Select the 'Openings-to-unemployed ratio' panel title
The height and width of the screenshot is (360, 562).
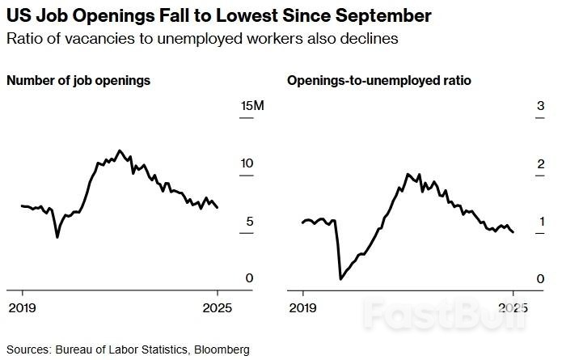379,81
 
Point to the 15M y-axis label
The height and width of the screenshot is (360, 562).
247,106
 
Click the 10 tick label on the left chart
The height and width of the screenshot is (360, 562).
247,163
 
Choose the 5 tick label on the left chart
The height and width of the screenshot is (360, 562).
251,221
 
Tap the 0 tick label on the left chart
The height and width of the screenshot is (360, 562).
251,278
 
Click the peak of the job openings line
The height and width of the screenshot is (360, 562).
120,150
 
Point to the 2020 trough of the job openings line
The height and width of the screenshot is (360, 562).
57,237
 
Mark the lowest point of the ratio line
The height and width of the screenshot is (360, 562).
340,279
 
